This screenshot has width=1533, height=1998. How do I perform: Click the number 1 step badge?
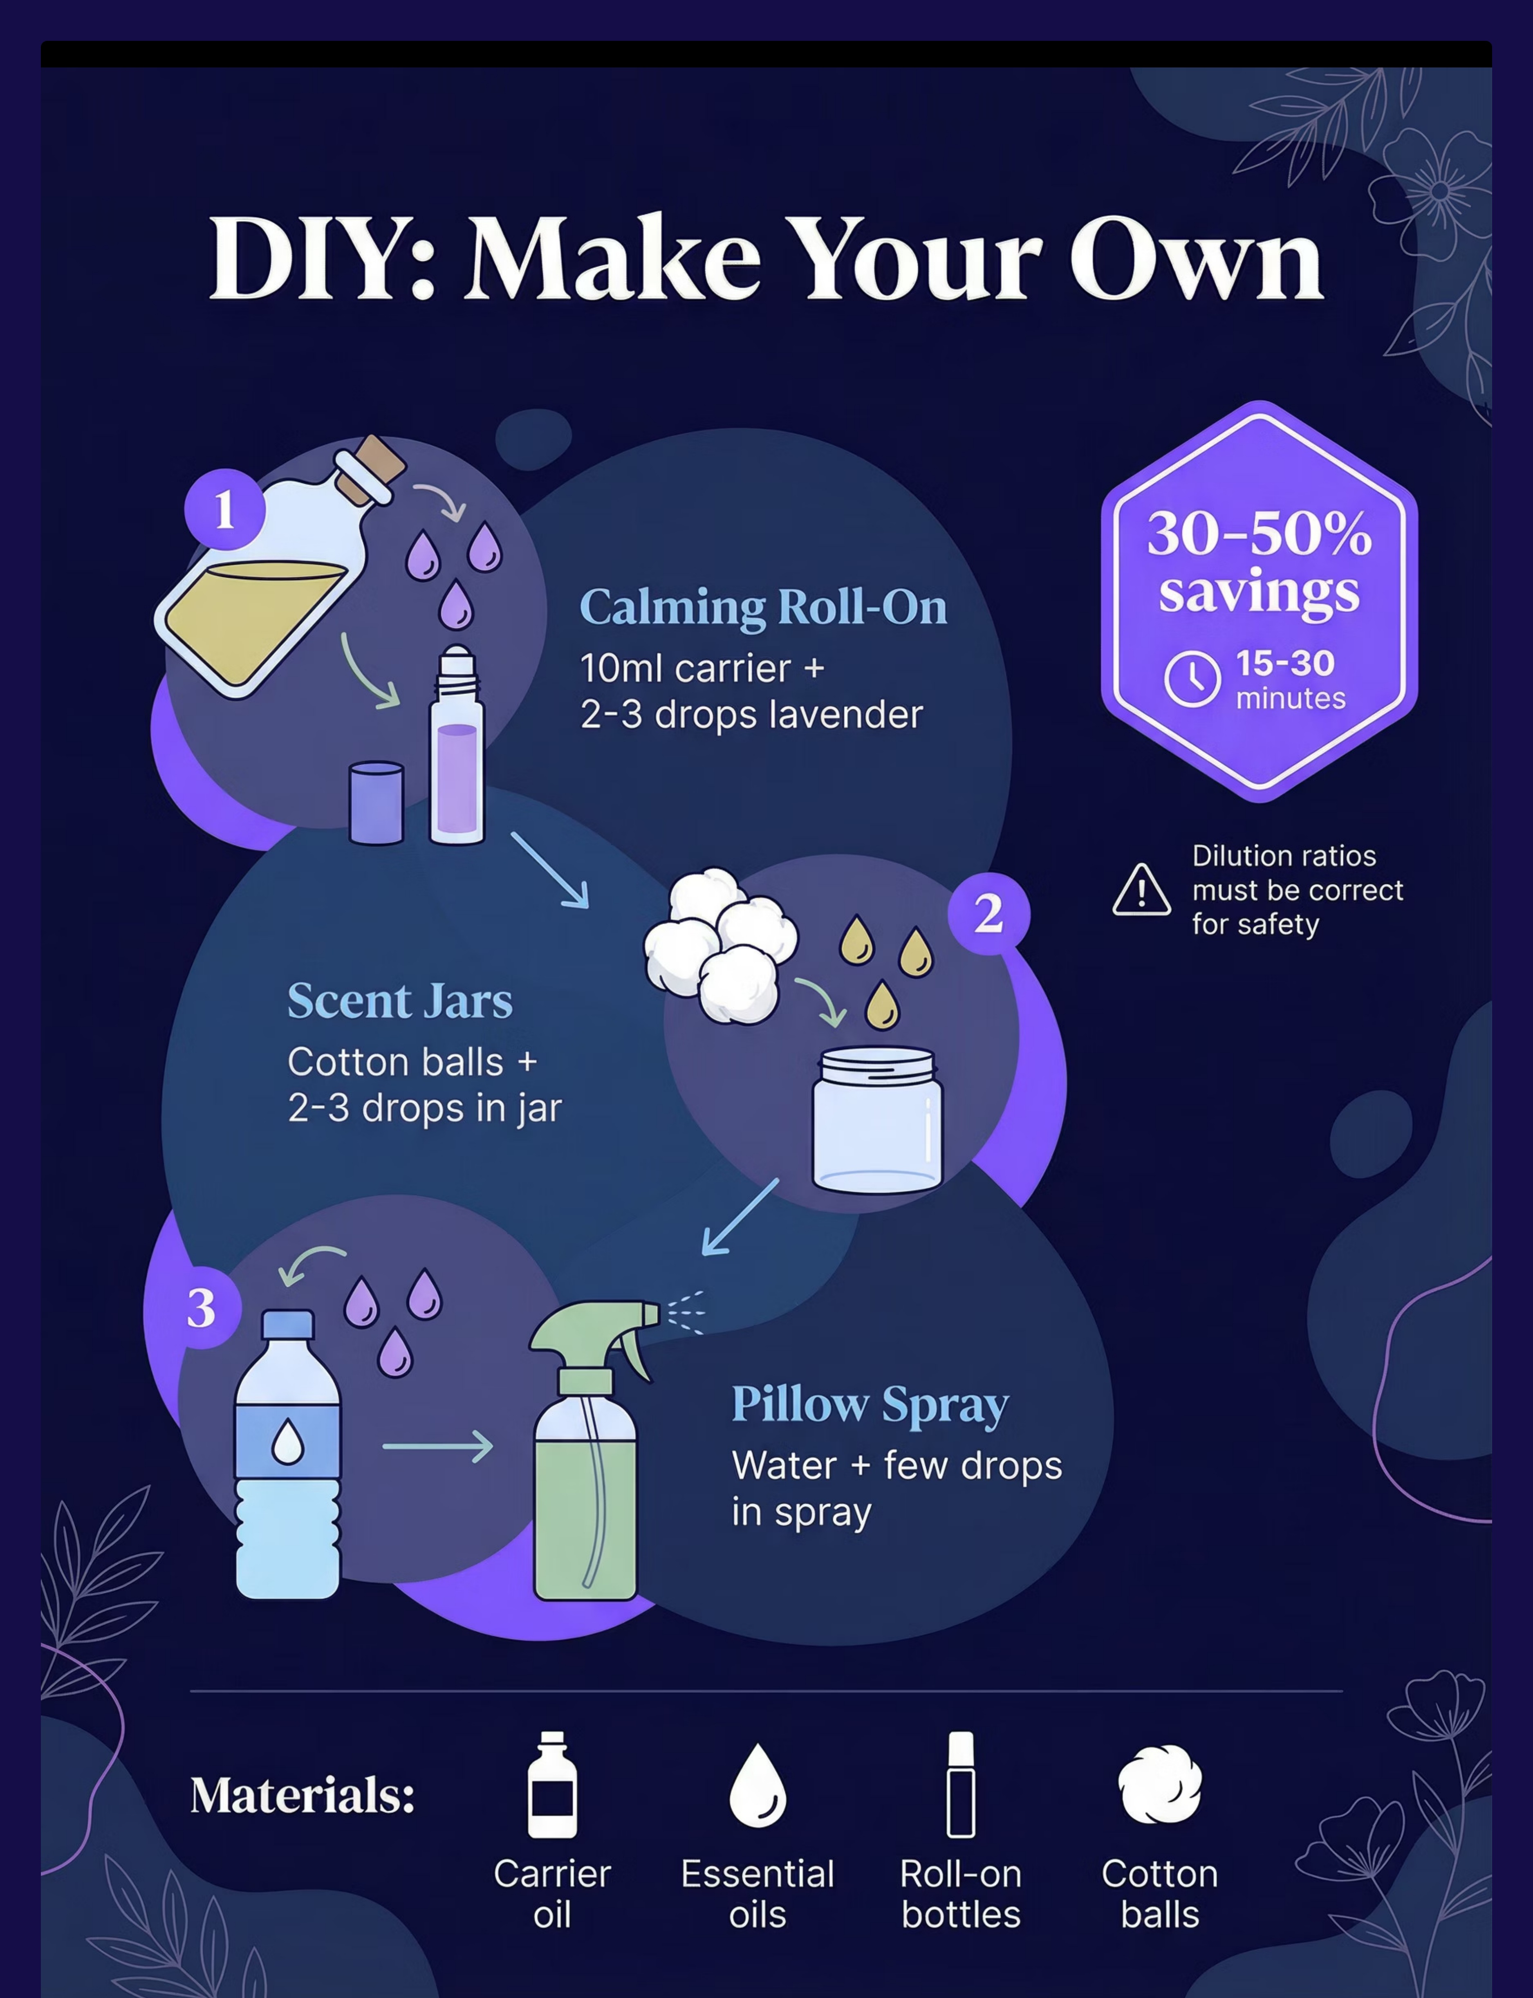point(224,509)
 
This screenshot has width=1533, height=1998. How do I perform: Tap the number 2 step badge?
point(989,913)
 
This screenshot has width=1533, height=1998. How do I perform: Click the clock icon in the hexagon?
point(1192,679)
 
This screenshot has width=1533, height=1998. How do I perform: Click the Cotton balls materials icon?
point(1160,1784)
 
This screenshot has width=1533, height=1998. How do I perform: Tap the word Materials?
point(302,1796)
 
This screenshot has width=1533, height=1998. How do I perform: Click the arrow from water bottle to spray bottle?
point(438,1446)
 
